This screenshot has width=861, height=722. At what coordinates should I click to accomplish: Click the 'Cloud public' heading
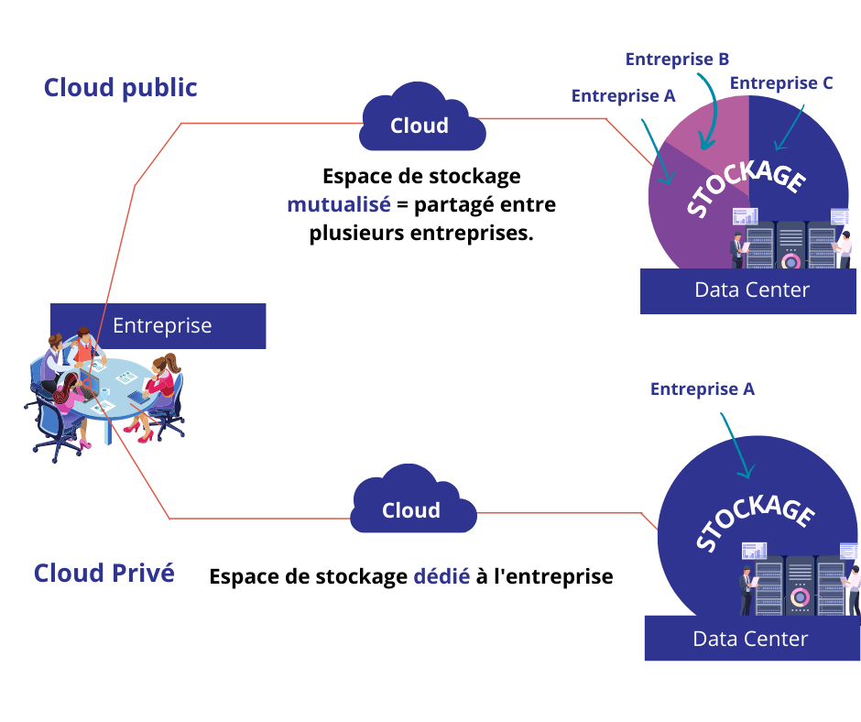tap(120, 88)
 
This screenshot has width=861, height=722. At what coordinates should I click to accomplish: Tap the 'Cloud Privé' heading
tap(104, 573)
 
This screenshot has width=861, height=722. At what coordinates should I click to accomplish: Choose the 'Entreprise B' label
tap(677, 60)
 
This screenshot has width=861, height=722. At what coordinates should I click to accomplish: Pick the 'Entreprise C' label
tap(781, 83)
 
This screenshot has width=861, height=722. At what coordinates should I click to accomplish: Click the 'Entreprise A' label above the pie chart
tap(623, 95)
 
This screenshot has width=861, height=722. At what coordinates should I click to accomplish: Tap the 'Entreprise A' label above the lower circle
tap(702, 389)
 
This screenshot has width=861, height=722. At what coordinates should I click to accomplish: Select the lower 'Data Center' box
tap(750, 639)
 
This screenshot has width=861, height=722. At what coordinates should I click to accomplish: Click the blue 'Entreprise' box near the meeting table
tap(160, 325)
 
